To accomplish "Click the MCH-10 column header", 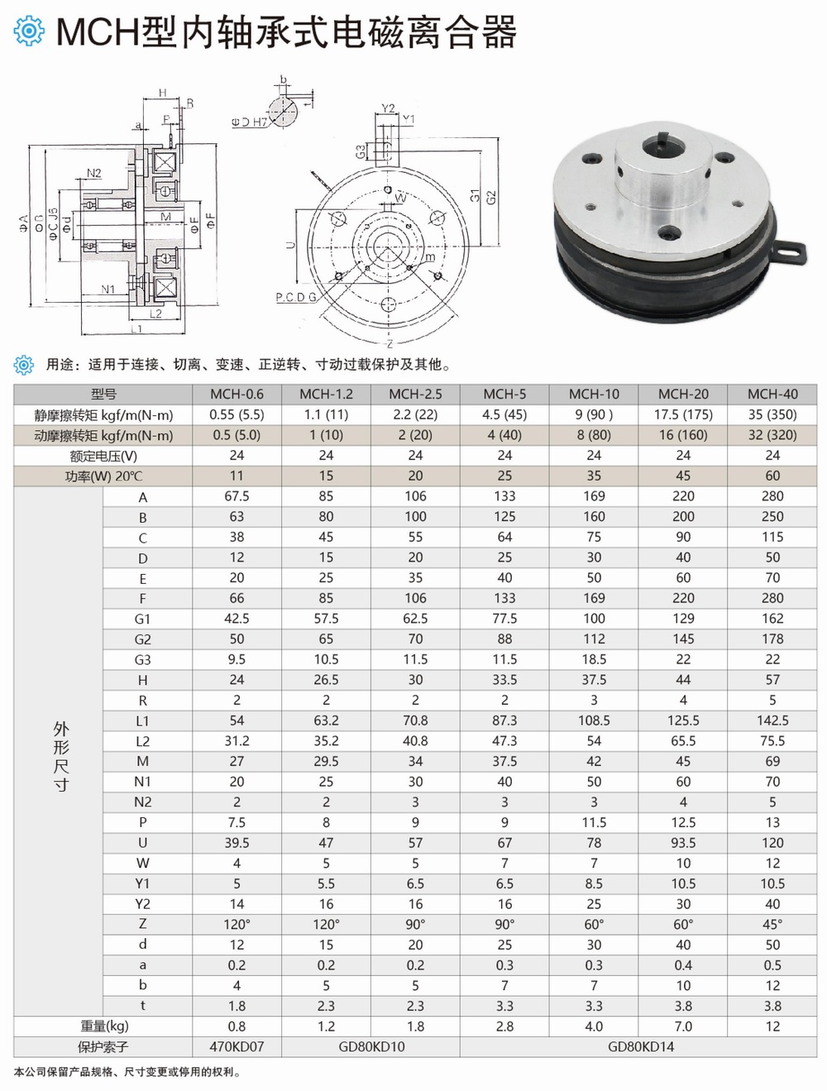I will (x=594, y=394).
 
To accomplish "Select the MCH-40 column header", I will (x=772, y=394).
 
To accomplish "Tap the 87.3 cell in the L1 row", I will (x=504, y=720).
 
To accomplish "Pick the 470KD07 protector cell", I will (x=237, y=1046).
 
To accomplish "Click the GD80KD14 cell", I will (x=640, y=1046).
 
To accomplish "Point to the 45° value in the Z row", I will (x=772, y=924).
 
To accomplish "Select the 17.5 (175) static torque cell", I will (x=683, y=414).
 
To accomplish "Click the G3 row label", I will (x=142, y=659).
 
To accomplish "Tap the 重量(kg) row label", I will (x=103, y=1026).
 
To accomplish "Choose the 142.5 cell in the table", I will (x=772, y=720).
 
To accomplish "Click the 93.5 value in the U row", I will (x=683, y=843).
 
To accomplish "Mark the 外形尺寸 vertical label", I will (x=61, y=756).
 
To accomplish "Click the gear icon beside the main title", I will (x=29, y=31).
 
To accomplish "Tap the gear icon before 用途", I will (x=25, y=364).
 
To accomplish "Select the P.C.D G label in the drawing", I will (x=296, y=297).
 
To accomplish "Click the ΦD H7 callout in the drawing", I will (x=249, y=122).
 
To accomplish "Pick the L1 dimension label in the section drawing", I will (x=136, y=329).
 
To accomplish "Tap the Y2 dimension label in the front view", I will (x=388, y=108).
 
